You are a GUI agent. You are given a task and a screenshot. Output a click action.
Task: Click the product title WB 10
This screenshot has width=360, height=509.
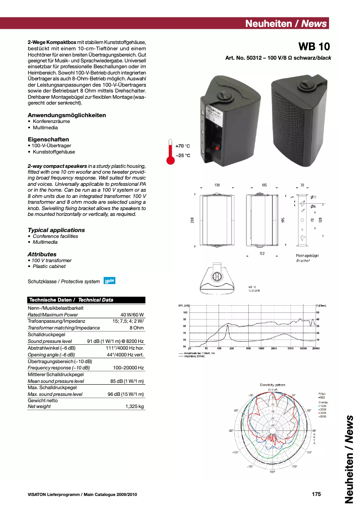[314, 46]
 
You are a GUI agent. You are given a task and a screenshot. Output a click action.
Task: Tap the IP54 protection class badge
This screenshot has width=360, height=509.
[110, 281]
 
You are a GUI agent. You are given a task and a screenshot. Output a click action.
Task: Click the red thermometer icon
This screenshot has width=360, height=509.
[170, 152]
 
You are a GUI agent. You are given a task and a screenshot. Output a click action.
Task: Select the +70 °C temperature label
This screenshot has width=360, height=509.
[183, 146]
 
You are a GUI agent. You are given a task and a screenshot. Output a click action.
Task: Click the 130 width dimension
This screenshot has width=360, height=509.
[217, 185]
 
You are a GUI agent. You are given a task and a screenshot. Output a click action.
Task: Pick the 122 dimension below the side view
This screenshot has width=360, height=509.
[262, 254]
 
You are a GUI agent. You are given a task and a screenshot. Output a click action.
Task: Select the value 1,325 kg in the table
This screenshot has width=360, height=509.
[135, 406]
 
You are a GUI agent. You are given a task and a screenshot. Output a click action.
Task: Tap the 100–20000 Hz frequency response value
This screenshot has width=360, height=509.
[128, 368]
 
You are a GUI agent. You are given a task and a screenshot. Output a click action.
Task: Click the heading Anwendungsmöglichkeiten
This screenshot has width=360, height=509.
[67, 115]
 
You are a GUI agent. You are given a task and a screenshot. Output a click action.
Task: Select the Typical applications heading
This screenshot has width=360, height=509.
[56, 230]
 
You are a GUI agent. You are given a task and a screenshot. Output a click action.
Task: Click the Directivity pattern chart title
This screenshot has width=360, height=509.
[272, 385]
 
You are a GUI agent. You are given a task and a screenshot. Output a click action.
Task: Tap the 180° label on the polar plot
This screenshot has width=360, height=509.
[272, 472]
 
